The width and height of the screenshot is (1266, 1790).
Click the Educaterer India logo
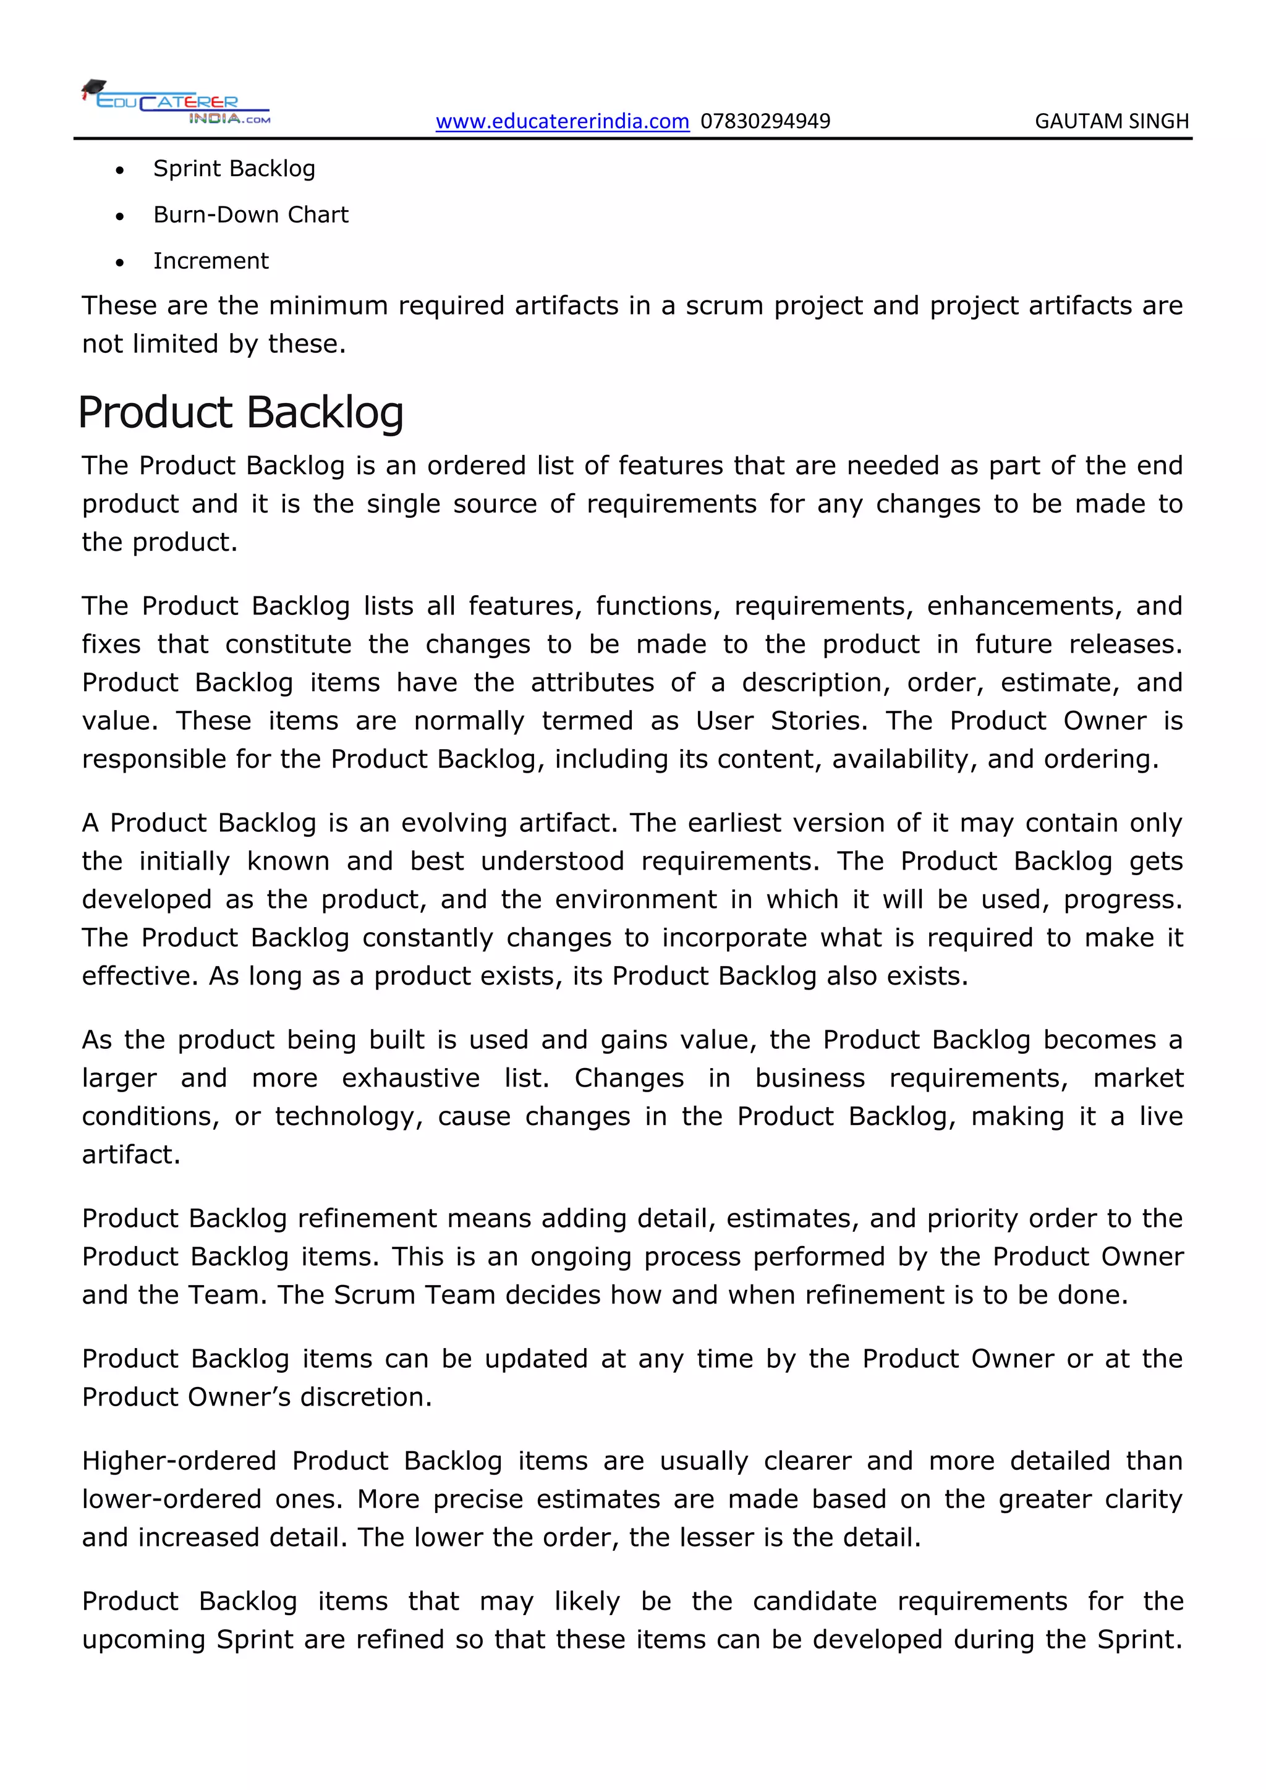(177, 102)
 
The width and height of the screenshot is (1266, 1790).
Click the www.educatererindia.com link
(562, 122)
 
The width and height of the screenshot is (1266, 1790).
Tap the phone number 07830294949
(765, 122)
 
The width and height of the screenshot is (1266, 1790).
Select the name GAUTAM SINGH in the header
(1111, 122)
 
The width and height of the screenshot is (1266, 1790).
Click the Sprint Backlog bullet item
(234, 168)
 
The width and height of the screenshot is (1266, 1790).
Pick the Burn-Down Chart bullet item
(250, 214)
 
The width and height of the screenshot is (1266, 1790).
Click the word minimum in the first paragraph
(328, 305)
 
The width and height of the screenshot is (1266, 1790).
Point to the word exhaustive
(411, 1078)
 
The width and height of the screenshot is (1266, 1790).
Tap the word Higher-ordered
(179, 1461)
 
